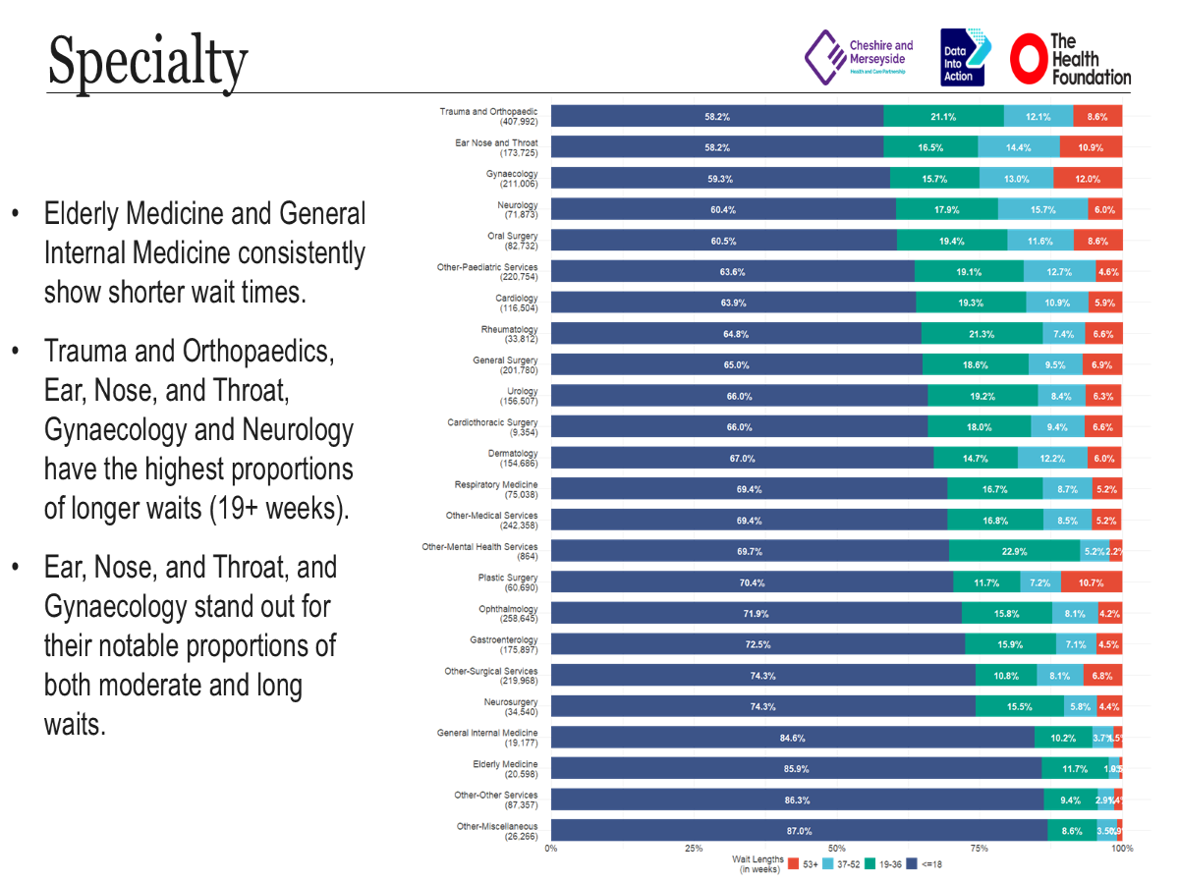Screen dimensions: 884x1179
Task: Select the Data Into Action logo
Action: click(965, 57)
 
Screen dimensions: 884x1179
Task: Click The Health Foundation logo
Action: click(1071, 59)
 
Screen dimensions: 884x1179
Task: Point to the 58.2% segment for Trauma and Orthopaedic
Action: click(716, 116)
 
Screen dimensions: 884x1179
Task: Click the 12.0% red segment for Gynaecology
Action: click(1087, 179)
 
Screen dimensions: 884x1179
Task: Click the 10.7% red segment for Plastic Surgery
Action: click(1091, 582)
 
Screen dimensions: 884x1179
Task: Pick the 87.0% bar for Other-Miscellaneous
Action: click(798, 830)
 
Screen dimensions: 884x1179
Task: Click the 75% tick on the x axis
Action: click(979, 848)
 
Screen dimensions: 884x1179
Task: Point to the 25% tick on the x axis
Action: click(694, 848)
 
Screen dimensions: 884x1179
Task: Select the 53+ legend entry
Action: click(803, 863)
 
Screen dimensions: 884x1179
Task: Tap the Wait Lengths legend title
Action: click(758, 863)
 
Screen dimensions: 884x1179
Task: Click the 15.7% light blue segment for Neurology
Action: click(1042, 209)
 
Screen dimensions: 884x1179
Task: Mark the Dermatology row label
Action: click(513, 459)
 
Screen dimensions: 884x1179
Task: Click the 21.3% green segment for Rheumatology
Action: click(981, 334)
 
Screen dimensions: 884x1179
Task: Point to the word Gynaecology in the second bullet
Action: click(104, 430)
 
